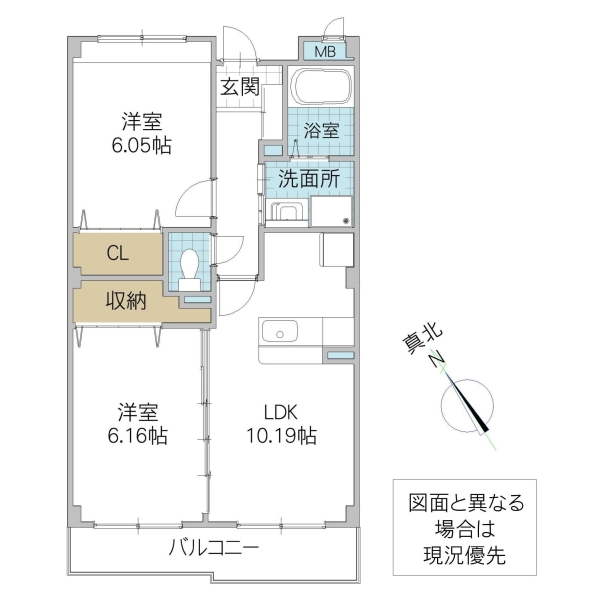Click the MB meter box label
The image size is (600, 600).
click(x=326, y=51)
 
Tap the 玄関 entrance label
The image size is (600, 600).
click(x=240, y=87)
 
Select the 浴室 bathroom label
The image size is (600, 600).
click(x=322, y=130)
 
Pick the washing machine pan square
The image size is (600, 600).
click(x=332, y=211)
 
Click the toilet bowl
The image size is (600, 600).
click(x=190, y=264)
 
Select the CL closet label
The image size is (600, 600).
click(x=118, y=254)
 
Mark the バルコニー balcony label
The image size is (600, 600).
click(x=213, y=548)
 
